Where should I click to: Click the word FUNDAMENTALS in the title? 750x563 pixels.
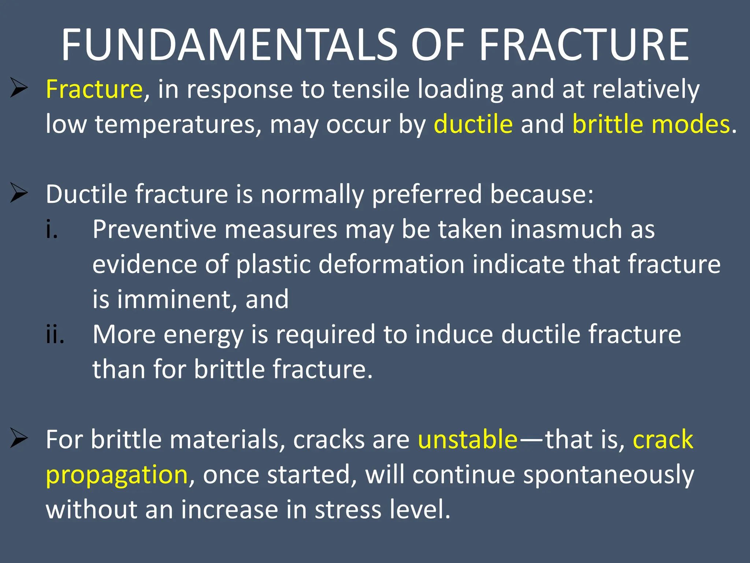(x=229, y=45)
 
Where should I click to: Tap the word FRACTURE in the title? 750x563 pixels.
(x=584, y=45)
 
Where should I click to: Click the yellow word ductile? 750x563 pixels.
(x=473, y=124)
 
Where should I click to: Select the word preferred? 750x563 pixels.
(x=427, y=194)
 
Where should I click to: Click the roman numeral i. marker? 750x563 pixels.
(x=52, y=229)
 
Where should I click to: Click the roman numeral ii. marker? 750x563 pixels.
(x=55, y=335)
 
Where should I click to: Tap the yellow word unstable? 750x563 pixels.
(x=468, y=439)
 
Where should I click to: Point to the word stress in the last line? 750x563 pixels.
(x=348, y=509)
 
